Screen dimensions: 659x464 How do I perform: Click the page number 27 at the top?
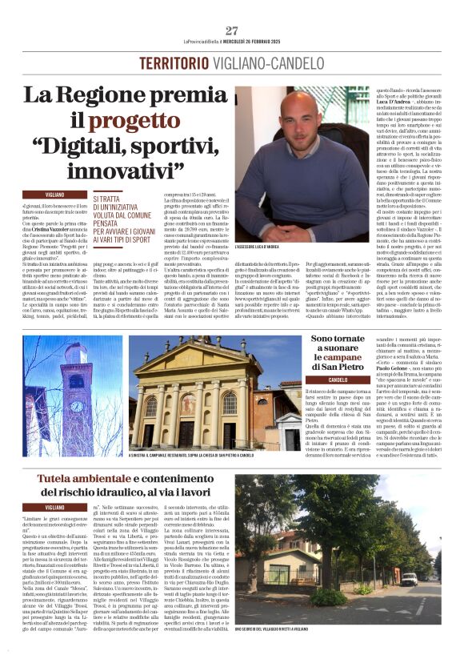coord(232,31)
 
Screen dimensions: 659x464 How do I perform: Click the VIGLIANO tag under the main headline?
coord(55,195)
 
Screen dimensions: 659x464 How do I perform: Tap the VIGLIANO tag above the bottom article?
coord(55,507)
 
